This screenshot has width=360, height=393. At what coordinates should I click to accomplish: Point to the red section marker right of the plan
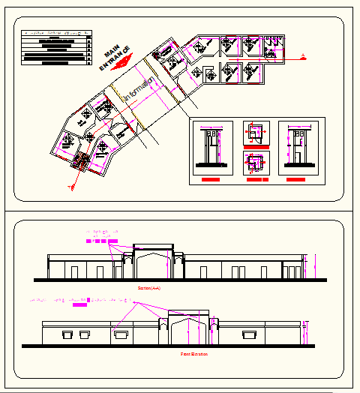(x=301, y=55)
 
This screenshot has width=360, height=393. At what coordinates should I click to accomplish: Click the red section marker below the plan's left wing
(x=72, y=185)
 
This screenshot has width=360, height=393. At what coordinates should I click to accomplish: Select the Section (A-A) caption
(x=149, y=288)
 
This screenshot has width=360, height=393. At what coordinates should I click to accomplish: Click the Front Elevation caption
(x=193, y=352)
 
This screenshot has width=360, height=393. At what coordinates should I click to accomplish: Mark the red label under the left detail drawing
(x=211, y=181)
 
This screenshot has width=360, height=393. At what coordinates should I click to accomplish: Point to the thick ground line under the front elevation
(x=172, y=346)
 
